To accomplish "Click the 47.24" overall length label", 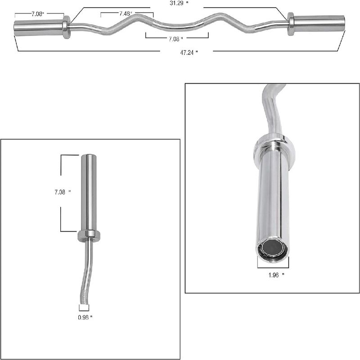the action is click(x=189, y=53).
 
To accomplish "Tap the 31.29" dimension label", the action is click(x=177, y=4).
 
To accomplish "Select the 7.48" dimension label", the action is click(x=126, y=13).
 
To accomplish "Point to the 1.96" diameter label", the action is click(x=276, y=275).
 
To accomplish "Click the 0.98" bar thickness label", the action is click(x=85, y=318).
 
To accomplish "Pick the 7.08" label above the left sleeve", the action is click(x=37, y=14).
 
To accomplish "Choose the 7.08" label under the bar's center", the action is click(x=175, y=39).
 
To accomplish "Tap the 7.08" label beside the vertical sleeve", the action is click(x=63, y=192).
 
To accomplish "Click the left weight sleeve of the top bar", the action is click(x=38, y=28).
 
